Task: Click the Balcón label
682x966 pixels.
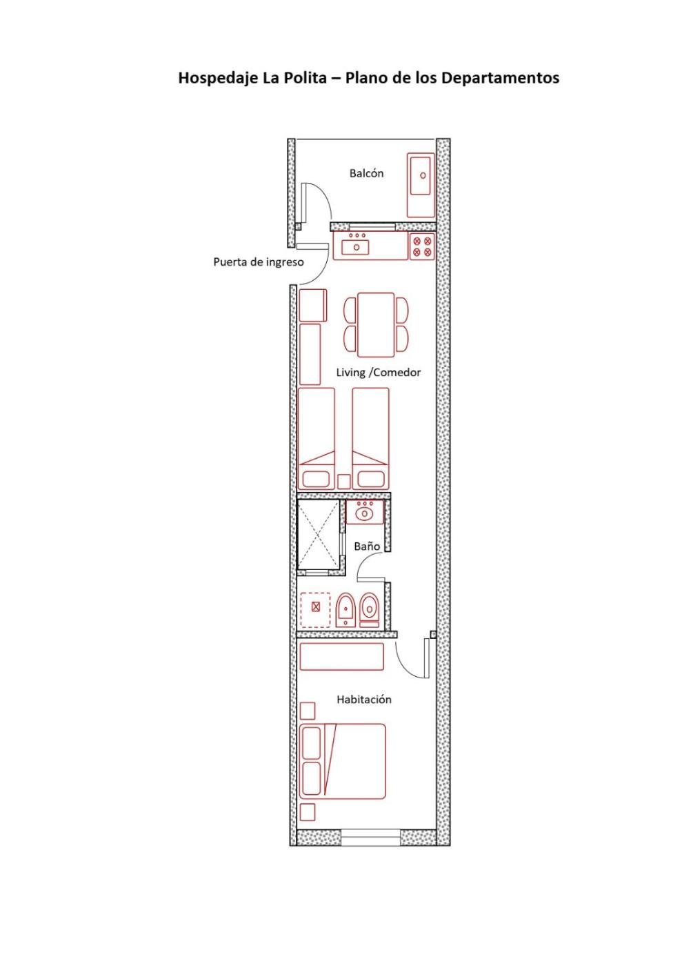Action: point(366,173)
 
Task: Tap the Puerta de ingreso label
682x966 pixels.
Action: point(258,262)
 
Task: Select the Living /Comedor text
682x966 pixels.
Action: point(378,372)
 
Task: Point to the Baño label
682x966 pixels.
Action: point(367,546)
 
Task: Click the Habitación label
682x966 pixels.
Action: point(364,699)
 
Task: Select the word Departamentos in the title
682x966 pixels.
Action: point(500,78)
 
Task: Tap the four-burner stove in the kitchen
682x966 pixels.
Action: point(422,246)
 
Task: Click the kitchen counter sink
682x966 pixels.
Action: point(355,247)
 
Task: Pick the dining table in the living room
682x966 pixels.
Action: point(376,325)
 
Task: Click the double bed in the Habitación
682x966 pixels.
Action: point(342,761)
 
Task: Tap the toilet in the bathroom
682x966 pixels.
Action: point(370,610)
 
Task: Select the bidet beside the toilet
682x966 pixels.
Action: point(345,610)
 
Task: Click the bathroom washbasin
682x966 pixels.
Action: point(365,512)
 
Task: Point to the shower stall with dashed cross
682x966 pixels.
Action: point(318,535)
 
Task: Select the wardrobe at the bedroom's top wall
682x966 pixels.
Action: point(341,656)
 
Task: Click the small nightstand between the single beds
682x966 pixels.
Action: point(343,482)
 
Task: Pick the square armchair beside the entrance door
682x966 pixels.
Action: point(312,305)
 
